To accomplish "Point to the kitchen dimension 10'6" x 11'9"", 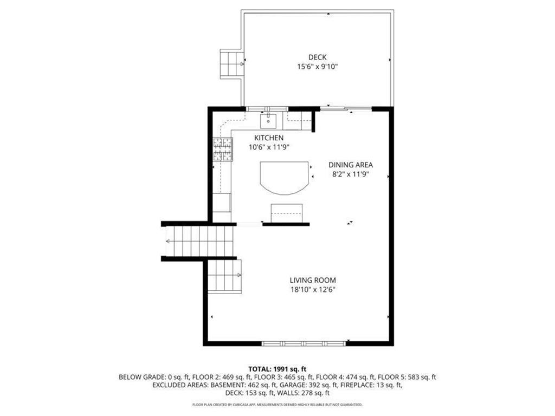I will [269, 147].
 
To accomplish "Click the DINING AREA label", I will [351, 165].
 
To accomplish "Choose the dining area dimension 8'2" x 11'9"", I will [351, 174].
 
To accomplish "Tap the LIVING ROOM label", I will [313, 280].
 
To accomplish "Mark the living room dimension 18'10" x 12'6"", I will [313, 290].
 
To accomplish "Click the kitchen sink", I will [269, 120].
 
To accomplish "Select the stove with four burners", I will [222, 150].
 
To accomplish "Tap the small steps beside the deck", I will [231, 63].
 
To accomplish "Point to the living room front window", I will [304, 343].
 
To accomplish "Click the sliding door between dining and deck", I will [345, 108].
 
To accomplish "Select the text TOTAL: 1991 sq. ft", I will [277, 368].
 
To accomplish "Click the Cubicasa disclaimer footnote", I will [277, 405].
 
